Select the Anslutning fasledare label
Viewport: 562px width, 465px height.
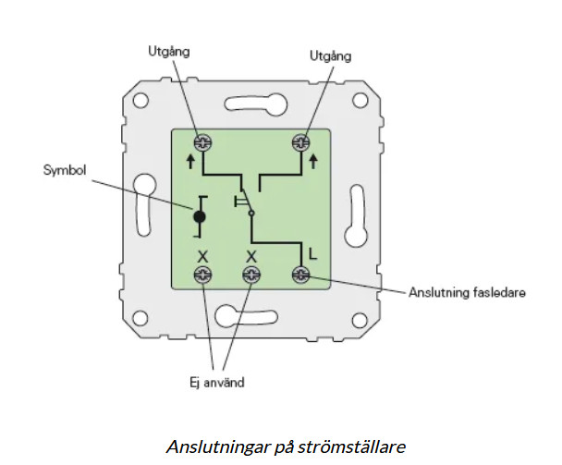tap(467, 293)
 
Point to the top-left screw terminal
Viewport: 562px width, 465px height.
tap(202, 141)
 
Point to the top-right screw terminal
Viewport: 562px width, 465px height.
tap(300, 141)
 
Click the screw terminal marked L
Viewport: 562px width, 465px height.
tap(300, 274)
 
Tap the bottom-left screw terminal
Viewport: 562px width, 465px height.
tap(202, 274)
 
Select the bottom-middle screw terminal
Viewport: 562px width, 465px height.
tap(250, 274)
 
